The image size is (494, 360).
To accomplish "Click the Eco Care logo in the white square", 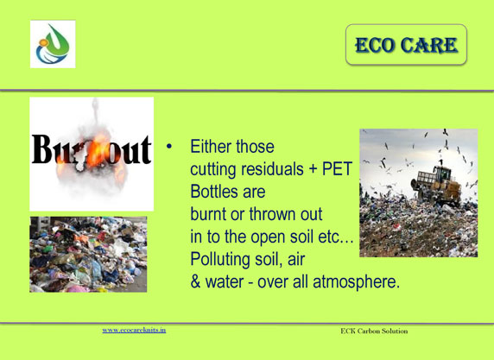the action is click(53, 44).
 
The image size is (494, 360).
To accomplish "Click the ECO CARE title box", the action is click(406, 45).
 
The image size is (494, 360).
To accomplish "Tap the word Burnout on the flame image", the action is click(92, 149).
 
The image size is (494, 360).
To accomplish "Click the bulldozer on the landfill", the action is click(436, 183).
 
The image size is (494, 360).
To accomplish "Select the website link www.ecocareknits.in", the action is click(134, 330).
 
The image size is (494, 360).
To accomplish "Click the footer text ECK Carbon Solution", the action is click(374, 331).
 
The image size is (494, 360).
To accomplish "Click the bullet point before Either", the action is click(169, 146).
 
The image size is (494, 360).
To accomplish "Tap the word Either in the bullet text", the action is click(210, 147).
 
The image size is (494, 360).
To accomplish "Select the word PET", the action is click(337, 169).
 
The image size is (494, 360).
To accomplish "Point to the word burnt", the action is click(208, 214).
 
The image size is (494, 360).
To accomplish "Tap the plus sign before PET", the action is click(313, 170).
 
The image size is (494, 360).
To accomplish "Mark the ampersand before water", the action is click(195, 282).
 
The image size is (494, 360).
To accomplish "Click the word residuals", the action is click(272, 169).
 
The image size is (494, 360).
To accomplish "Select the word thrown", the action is click(272, 214).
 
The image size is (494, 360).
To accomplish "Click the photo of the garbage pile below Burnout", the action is click(88, 255).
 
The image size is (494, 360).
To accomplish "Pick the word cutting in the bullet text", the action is click(213, 170).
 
